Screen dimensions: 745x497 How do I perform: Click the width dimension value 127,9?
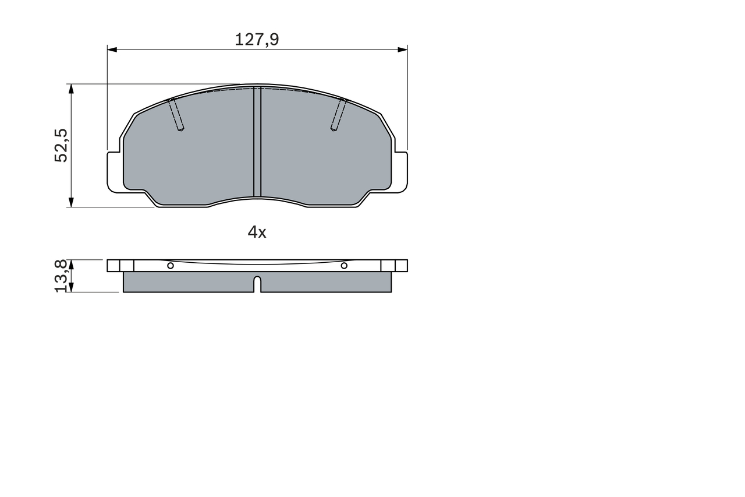[257, 40]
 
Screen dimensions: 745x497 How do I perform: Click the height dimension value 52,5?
[61, 146]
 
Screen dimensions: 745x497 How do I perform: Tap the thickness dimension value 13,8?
[61, 276]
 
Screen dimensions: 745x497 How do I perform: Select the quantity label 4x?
[257, 232]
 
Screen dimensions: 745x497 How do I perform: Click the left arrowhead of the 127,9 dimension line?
[112, 50]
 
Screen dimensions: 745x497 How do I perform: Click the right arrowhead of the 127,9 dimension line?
[403, 50]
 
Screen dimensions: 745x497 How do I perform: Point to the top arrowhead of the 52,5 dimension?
[71, 89]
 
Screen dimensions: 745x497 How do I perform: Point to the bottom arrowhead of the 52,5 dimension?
[71, 202]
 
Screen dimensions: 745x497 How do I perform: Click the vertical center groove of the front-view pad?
[257, 142]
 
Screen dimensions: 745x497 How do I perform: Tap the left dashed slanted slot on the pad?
[176, 114]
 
